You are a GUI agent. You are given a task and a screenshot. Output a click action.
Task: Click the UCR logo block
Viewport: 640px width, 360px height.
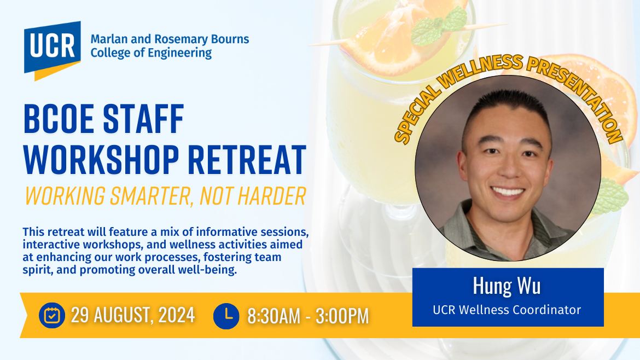pos(53,50)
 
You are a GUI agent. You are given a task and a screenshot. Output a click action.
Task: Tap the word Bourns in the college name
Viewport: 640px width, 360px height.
pos(230,39)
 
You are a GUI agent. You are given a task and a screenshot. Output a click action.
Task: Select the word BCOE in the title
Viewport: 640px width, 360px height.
pos(59,119)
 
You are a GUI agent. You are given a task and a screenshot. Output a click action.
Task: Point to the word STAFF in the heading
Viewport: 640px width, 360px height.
pos(143,119)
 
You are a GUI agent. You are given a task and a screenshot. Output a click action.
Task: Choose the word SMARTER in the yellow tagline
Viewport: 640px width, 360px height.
pos(152,196)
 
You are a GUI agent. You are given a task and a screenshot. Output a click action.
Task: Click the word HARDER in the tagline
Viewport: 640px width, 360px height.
pos(272,196)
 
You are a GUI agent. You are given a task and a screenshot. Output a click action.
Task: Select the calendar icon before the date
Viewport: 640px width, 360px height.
pos(52,316)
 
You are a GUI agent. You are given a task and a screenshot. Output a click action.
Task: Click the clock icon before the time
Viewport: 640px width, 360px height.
pos(226,316)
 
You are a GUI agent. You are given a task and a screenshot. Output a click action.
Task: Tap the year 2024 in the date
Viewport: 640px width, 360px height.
pos(176,316)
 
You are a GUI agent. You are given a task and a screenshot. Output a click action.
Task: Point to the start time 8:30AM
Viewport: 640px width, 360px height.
pos(274,316)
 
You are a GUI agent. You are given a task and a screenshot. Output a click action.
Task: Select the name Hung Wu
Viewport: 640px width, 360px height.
pos(507,286)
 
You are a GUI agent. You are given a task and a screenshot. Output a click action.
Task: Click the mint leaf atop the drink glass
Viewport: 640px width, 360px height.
pos(439,26)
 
